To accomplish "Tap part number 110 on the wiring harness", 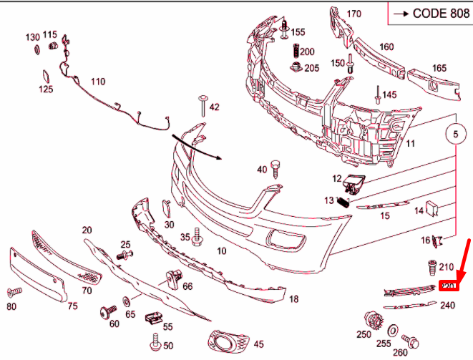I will point(97,82).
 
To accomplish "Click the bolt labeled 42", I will point(203,107).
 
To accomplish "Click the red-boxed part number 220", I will point(448,286).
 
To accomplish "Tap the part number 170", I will point(354,14).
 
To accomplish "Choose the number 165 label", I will point(439,68).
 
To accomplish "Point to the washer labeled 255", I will point(393,330).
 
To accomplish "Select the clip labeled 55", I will point(151,316).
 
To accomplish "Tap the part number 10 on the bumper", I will point(221,250).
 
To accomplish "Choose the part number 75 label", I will point(72,306).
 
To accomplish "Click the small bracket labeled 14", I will point(432,208).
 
